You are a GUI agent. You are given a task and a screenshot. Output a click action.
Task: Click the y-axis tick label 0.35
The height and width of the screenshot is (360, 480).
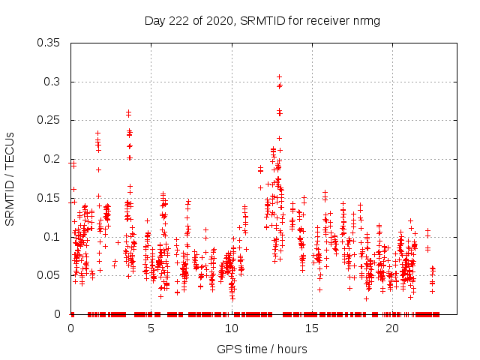click(49, 43)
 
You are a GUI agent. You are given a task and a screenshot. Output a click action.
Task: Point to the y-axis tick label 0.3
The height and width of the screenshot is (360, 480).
click(52, 82)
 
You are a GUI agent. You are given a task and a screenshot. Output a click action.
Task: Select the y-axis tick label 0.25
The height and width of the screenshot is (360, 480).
click(49, 120)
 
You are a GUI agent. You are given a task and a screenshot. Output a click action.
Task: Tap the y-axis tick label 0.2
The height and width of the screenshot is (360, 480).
click(52, 159)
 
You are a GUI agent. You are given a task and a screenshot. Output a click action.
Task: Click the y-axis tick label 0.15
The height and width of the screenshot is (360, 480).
click(49, 198)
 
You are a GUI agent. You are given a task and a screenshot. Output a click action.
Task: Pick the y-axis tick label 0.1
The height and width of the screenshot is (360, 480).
click(52, 237)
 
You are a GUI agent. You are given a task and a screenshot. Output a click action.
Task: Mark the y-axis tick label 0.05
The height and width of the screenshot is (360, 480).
click(49, 275)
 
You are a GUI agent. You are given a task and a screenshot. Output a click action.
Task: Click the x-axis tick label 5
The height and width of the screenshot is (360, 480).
click(151, 329)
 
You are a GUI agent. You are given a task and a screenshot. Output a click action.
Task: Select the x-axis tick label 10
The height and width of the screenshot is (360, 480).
click(232, 329)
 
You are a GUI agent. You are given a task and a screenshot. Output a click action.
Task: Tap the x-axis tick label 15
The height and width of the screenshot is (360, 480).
click(312, 329)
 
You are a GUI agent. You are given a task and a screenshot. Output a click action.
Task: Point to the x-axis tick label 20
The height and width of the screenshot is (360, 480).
click(392, 329)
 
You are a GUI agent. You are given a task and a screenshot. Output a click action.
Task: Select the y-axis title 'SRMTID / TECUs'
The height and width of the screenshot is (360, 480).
click(10, 178)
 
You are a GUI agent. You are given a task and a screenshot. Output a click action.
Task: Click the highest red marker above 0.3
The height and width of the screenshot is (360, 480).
click(279, 76)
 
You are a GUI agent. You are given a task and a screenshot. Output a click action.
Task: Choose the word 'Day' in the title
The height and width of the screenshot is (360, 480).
click(155, 21)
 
